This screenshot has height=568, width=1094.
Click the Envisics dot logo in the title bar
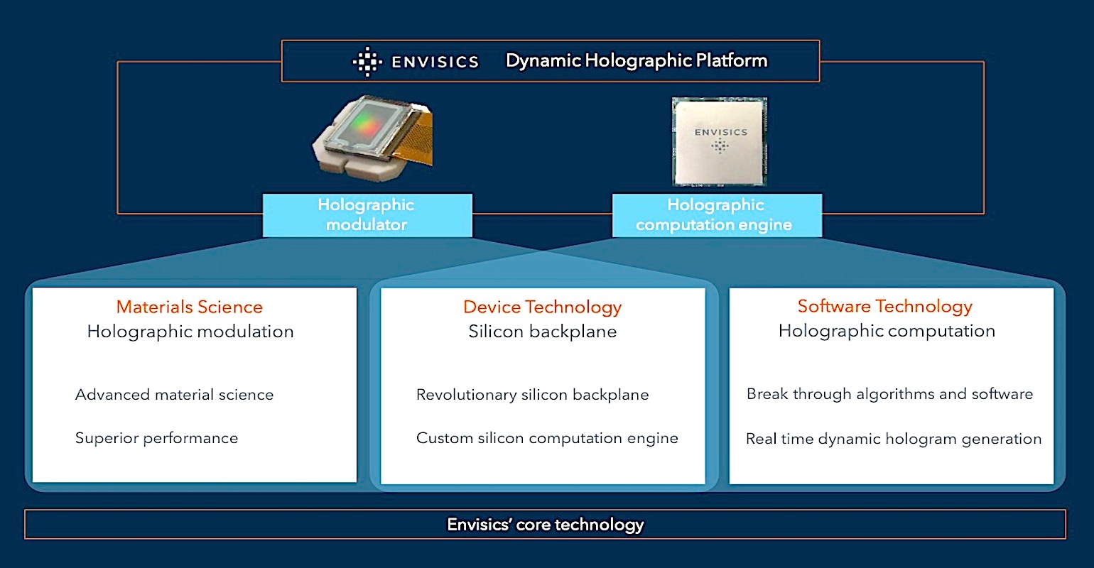pos(367,62)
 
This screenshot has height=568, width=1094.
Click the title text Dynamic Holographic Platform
pos(637,60)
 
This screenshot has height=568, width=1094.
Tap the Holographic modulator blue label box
pos(367,215)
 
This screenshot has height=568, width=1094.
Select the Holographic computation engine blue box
pos(716,215)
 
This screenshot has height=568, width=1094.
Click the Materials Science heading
pos(190,307)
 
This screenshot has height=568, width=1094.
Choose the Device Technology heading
pos(542,307)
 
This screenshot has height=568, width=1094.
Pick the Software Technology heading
pos(884,306)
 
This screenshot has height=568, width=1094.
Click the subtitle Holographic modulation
pos(190,332)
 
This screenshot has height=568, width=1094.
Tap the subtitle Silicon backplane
pos(542,332)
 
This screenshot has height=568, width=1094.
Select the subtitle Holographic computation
pos(887,331)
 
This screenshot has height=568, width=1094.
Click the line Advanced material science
pos(174,395)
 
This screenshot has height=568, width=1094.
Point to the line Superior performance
pos(156,438)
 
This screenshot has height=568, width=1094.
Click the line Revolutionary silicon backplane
pos(532,395)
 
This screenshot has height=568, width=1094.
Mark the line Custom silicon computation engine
pos(547,438)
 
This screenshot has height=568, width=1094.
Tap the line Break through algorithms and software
pos(889,394)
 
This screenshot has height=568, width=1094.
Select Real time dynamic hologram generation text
pos(894,439)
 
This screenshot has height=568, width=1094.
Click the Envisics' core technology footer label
pos(545,525)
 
